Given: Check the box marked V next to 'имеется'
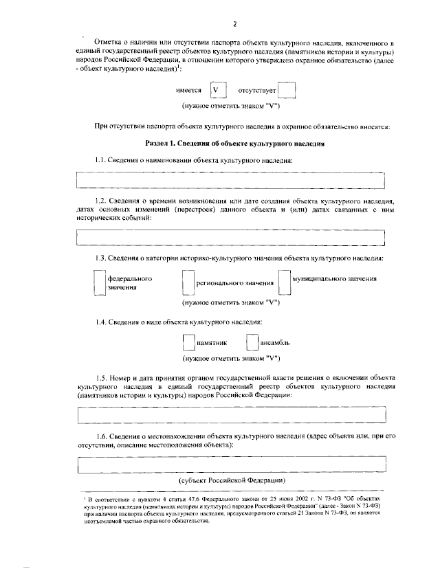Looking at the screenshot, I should [x=218, y=91].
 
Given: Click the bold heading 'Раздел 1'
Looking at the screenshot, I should [x=235, y=143].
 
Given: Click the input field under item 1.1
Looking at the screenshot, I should [x=231, y=180].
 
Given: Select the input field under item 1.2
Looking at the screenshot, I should [x=231, y=237].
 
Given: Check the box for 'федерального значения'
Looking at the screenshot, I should [x=100, y=282].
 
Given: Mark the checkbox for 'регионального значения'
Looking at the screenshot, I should [x=188, y=282].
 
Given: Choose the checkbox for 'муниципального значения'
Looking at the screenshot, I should [x=285, y=282].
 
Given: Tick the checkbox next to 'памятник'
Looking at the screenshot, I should [x=188, y=342].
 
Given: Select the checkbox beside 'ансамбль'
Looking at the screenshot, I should [x=253, y=342].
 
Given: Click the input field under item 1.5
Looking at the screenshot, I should [x=231, y=416].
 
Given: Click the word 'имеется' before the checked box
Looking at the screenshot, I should [x=189, y=91].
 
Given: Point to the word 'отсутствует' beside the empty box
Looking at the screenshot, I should [x=257, y=91].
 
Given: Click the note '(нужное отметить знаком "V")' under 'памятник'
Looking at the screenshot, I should [x=230, y=358].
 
